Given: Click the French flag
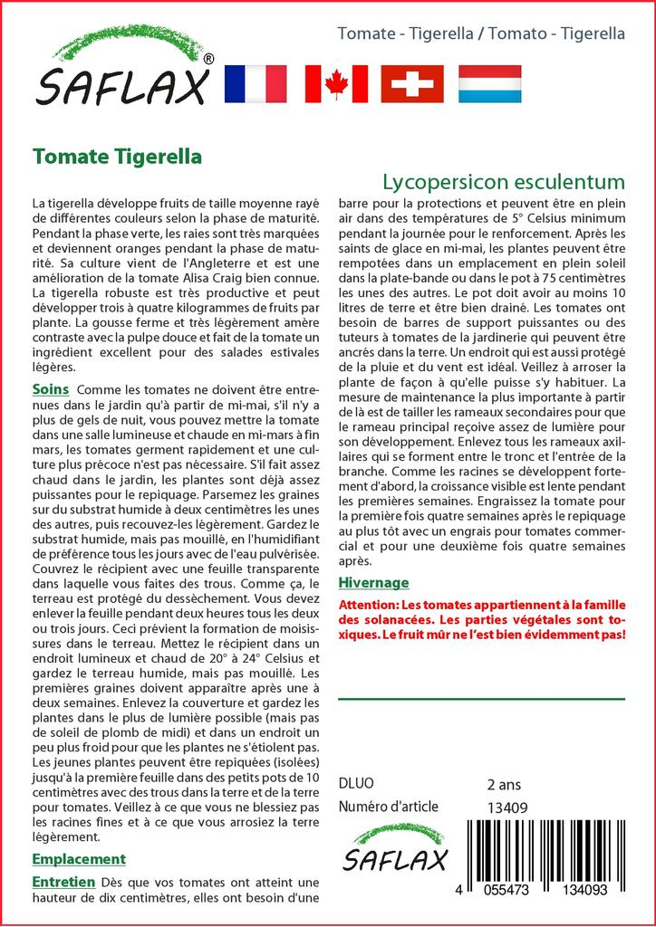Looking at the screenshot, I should tap(255, 83).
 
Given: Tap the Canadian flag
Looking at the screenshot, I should tap(336, 83).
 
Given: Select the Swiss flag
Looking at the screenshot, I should tap(412, 83).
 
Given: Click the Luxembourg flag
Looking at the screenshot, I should tap(489, 83).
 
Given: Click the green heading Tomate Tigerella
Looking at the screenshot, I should tap(117, 156).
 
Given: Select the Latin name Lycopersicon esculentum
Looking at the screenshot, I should tap(503, 180).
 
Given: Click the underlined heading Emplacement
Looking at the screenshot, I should tap(79, 858).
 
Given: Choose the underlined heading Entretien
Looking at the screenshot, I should tap(63, 881).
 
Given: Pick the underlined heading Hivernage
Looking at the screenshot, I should tap(373, 582).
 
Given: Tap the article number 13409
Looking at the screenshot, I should tap(507, 807).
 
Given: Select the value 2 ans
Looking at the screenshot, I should tap(504, 784).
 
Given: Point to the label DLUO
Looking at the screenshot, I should tap(355, 784).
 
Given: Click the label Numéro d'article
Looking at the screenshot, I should tap(388, 807).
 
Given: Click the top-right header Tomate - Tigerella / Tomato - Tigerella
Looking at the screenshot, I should tap(480, 33).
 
